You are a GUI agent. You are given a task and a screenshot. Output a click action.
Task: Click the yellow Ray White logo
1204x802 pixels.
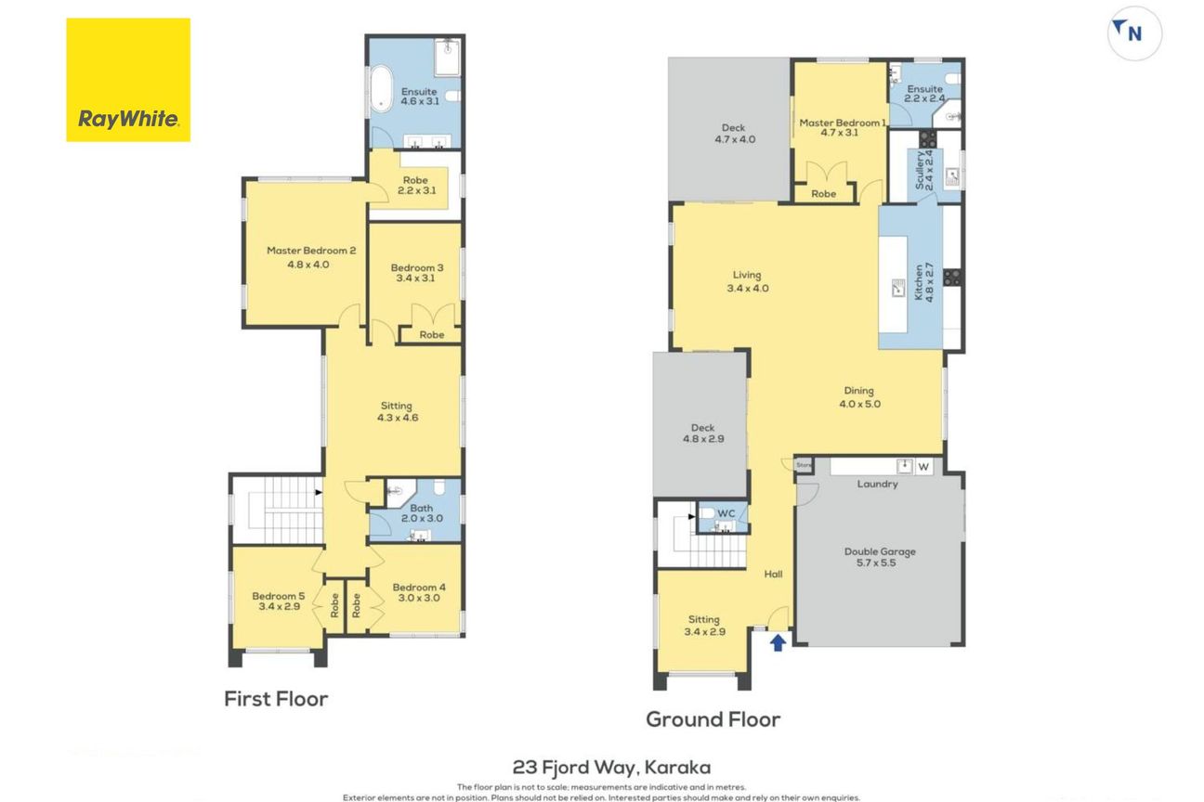[x=128, y=80]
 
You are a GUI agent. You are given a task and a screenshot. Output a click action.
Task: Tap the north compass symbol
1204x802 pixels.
[x=1134, y=33]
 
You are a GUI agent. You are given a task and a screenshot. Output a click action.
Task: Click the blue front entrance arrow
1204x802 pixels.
[x=778, y=642]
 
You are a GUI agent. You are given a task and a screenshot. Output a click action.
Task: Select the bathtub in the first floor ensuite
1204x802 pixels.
[x=381, y=88]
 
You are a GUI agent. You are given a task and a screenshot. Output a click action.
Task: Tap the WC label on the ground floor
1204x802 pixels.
[x=726, y=513]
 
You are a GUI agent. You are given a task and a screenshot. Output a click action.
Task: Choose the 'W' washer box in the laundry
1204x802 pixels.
[x=923, y=467]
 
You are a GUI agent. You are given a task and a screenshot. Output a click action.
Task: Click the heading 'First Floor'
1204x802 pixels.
[x=276, y=699]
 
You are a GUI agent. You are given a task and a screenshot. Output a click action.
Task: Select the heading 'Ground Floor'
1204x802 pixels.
[x=713, y=719]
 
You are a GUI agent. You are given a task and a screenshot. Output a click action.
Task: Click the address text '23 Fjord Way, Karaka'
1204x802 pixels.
[x=611, y=767]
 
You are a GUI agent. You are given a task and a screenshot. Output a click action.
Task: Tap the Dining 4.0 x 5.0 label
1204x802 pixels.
[x=859, y=397]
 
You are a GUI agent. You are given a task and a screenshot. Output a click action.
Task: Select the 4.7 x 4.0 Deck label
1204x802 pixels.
[x=734, y=134]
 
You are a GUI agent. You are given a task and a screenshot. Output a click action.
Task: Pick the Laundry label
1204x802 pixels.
[x=877, y=484]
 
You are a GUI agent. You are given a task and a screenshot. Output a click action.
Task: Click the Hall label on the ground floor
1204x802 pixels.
[x=773, y=575]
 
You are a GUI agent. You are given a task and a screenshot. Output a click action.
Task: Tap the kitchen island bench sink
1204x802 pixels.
[x=898, y=288]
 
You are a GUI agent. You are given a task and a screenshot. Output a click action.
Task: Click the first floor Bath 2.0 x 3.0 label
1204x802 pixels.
[x=422, y=513]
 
